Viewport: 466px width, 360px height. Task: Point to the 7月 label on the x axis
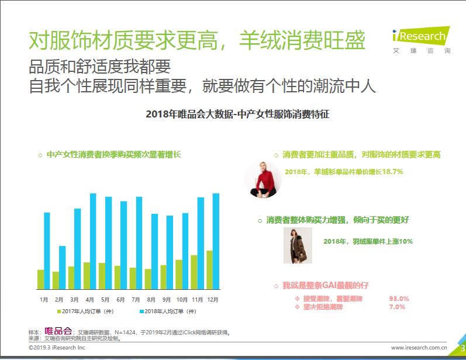[x=136, y=299]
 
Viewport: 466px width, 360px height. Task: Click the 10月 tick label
[x=182, y=299]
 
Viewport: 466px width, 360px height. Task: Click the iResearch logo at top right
[x=420, y=39]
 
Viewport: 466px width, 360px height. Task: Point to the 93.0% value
[x=399, y=299]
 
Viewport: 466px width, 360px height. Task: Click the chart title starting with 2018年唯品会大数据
[x=237, y=115]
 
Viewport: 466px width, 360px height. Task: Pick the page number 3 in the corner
[x=461, y=348]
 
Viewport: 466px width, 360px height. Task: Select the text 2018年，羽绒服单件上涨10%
[x=368, y=241]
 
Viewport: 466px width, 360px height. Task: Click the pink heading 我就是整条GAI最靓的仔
[x=325, y=285]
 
